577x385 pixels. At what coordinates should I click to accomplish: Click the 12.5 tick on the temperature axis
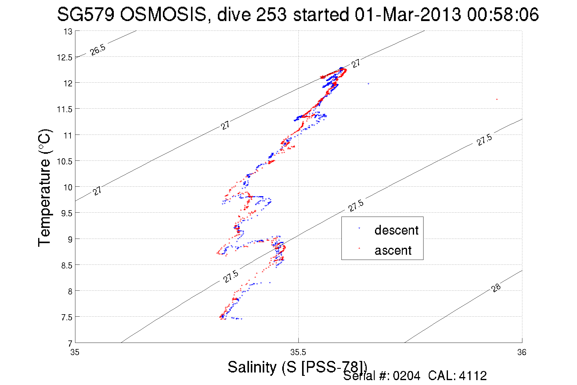click(64, 57)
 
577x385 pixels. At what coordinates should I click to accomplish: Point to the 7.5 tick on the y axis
click(67, 317)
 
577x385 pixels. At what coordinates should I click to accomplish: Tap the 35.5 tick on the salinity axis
click(298, 352)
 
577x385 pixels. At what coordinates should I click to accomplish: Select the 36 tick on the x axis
click(522, 352)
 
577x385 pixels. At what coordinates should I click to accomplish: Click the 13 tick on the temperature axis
click(68, 31)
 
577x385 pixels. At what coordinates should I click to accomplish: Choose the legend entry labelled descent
click(396, 230)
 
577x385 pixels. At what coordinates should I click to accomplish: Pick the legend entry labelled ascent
click(393, 250)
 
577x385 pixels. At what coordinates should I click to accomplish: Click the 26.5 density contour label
click(98, 49)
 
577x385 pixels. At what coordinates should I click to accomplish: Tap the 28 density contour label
click(496, 287)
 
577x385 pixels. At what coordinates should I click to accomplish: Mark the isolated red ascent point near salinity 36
click(497, 99)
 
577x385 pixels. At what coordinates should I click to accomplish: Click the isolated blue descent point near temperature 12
click(368, 84)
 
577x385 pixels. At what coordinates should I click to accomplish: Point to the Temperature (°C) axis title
click(45, 188)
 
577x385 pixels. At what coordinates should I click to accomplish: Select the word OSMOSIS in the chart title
click(163, 14)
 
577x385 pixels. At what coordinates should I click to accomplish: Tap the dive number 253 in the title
click(271, 14)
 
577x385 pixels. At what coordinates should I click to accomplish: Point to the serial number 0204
click(406, 376)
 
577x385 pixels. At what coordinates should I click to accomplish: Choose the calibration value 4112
click(473, 376)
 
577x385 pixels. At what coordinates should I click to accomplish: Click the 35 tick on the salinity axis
click(75, 352)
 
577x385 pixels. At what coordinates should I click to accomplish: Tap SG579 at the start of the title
click(86, 14)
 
